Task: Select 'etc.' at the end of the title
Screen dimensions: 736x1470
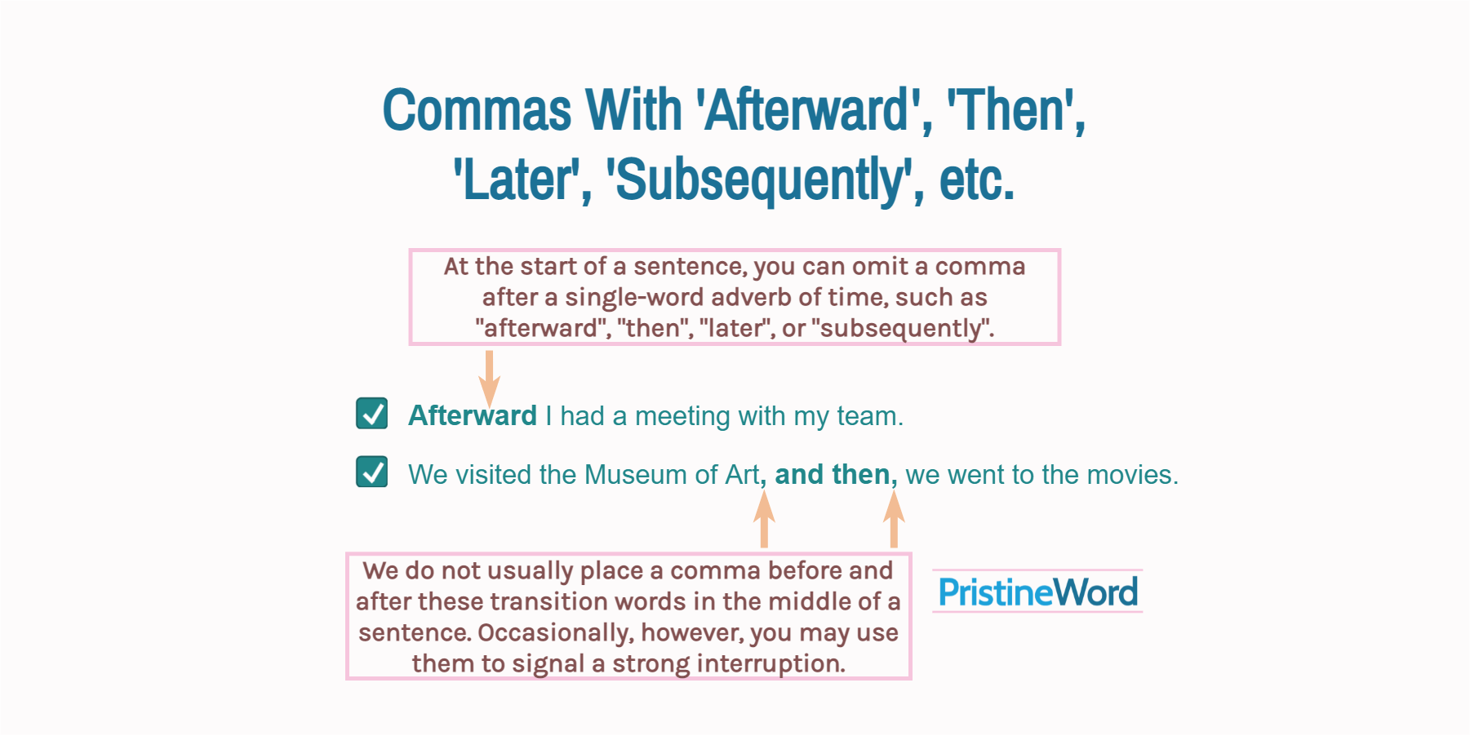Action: tap(976, 180)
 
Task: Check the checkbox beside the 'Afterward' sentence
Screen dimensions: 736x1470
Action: tap(372, 414)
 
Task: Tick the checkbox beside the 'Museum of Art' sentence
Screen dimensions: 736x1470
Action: tap(372, 472)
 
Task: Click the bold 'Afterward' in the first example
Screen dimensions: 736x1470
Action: tap(473, 415)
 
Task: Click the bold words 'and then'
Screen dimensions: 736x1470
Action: tap(832, 475)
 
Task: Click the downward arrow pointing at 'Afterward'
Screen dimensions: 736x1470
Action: tap(489, 376)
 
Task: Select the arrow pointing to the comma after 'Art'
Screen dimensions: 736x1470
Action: tap(764, 520)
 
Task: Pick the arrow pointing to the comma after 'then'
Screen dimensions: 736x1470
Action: tap(894, 520)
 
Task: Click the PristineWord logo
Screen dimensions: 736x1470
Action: tap(1037, 592)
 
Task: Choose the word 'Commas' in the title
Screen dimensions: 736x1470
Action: tap(477, 110)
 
